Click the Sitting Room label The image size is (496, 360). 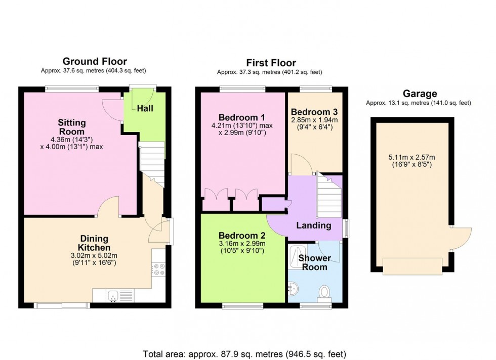(x=71, y=127)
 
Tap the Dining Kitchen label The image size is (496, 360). (x=95, y=243)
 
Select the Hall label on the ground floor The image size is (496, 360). (x=145, y=108)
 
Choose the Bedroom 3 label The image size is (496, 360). (x=314, y=112)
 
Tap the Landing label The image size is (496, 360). (x=314, y=226)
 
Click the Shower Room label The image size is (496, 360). (x=314, y=262)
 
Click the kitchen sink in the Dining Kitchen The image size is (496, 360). (x=112, y=296)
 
